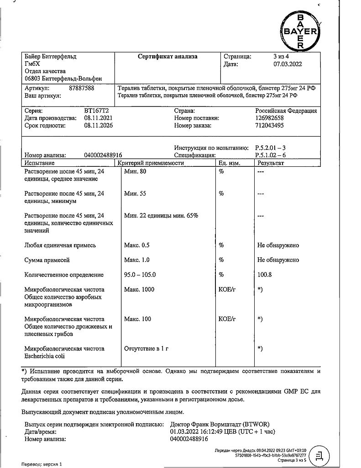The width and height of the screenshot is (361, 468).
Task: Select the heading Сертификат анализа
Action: pyautogui.click(x=167, y=57)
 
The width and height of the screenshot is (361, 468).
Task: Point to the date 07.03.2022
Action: pyautogui.click(x=284, y=64)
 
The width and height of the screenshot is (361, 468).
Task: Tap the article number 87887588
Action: pyautogui.click(x=81, y=88)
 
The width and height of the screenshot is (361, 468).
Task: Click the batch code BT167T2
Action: pyautogui.click(x=97, y=111)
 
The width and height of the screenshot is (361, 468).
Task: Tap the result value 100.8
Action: pyautogui.click(x=265, y=275)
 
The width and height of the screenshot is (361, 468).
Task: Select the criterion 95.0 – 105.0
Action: pyautogui.click(x=140, y=275)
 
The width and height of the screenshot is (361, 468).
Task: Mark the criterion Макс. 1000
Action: pyautogui.click(x=139, y=289)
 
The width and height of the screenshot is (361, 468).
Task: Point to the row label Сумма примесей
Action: pyautogui.click(x=47, y=260)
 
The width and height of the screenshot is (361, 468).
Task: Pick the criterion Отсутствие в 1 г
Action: pyautogui.click(x=146, y=349)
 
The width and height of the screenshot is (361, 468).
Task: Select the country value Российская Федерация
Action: pyautogui.click(x=286, y=111)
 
